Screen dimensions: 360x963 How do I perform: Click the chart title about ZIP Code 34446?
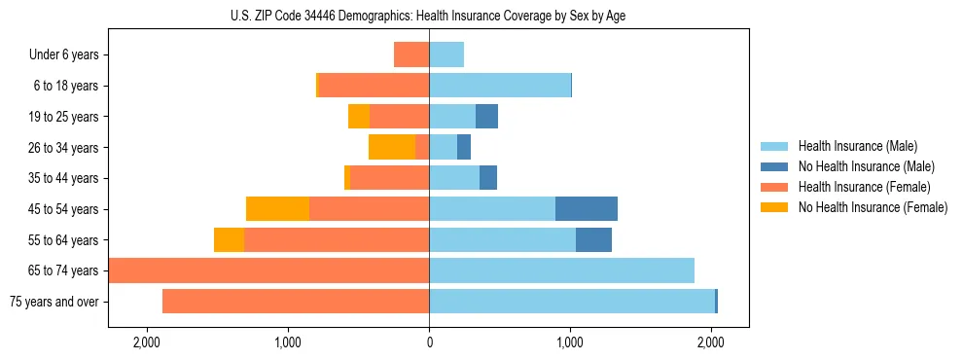tap(428, 16)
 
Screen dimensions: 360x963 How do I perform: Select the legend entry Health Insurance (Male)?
tap(857, 146)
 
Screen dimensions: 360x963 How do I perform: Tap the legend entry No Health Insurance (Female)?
tap(873, 207)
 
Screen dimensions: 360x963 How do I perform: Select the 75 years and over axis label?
tap(54, 302)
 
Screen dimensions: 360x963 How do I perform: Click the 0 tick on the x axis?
tap(429, 343)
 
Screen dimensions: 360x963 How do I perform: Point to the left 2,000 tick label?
tap(147, 343)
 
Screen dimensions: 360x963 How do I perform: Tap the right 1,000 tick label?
tap(570, 343)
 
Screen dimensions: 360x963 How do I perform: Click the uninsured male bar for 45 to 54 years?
tap(587, 209)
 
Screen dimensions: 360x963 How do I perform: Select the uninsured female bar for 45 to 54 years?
tap(277, 209)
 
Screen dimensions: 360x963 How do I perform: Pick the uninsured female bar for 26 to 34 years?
tap(392, 148)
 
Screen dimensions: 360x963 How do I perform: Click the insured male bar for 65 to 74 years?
tap(561, 270)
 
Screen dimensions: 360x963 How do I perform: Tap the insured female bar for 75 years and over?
tap(296, 302)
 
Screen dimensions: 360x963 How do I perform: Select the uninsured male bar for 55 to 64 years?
tap(593, 240)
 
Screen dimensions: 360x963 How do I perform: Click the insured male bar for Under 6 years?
tap(446, 55)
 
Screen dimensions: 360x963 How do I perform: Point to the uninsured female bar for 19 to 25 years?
tap(359, 117)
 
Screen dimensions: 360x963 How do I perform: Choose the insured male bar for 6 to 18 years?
tap(500, 86)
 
